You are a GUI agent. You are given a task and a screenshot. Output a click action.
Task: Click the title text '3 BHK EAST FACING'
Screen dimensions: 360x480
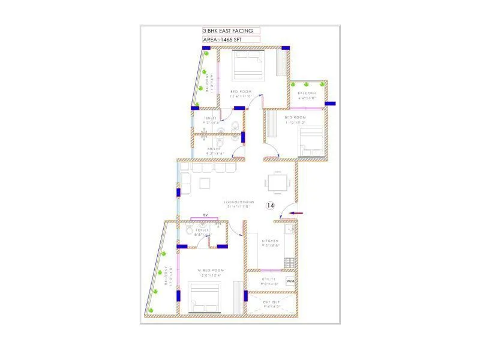click(x=227, y=31)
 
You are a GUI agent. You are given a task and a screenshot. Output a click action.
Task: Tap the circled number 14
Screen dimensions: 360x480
click(x=270, y=205)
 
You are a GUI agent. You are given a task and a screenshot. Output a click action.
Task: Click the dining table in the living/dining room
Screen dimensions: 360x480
click(x=277, y=182)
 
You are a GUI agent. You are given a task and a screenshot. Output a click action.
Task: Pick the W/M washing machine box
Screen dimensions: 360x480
click(x=290, y=281)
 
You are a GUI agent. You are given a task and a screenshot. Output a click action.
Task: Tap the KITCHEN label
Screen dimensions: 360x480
click(x=270, y=241)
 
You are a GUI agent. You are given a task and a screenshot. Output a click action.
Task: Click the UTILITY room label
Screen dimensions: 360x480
click(x=269, y=280)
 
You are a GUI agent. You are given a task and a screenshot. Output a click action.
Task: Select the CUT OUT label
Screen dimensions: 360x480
click(x=272, y=302)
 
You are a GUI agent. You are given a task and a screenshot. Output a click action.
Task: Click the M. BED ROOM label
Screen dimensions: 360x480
click(x=211, y=271)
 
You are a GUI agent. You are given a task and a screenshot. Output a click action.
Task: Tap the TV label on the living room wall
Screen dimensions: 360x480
click(x=205, y=215)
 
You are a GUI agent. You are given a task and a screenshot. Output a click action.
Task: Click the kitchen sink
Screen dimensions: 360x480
click(x=290, y=229)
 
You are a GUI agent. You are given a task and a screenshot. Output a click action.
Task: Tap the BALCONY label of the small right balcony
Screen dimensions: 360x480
click(x=307, y=94)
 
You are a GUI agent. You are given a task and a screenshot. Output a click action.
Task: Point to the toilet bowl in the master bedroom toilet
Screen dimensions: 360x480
click(x=189, y=230)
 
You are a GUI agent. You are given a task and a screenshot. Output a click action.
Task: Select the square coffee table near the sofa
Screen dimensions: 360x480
click(x=206, y=182)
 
